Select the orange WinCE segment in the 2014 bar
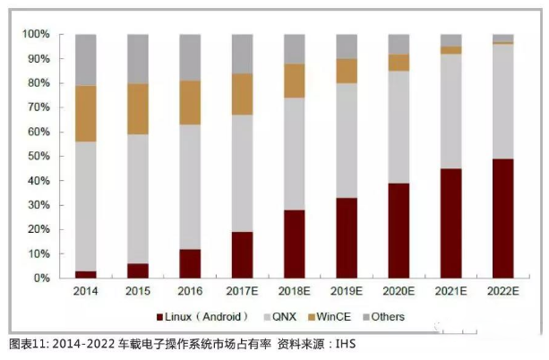[x=86, y=114]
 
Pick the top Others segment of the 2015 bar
[x=138, y=59]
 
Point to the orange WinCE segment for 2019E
[x=347, y=71]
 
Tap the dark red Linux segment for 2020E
[x=399, y=230]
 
